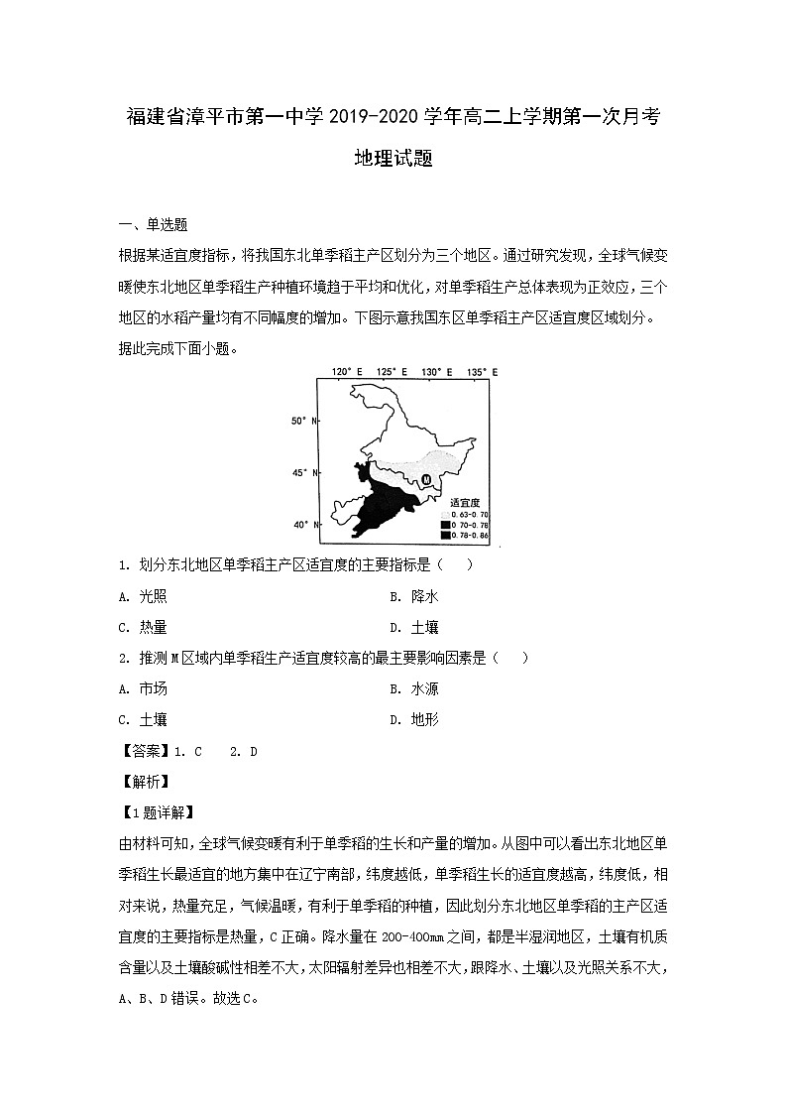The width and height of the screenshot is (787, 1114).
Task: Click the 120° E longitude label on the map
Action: pyautogui.click(x=343, y=372)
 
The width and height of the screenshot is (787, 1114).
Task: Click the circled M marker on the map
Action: pyautogui.click(x=425, y=481)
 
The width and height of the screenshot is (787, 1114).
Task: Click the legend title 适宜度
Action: pyautogui.click(x=463, y=503)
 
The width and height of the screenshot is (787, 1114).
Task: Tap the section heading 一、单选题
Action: pyautogui.click(x=153, y=225)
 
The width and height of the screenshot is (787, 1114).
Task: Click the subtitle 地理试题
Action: pyautogui.click(x=393, y=159)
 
